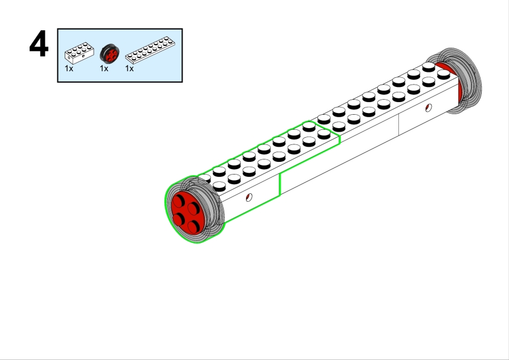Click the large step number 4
[39, 45]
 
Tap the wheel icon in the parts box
[109, 54]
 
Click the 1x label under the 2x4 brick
[69, 69]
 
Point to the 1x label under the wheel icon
[104, 69]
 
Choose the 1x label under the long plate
[129, 69]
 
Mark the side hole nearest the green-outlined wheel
[248, 198]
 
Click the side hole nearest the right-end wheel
[429, 108]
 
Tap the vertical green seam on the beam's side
[279, 184]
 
